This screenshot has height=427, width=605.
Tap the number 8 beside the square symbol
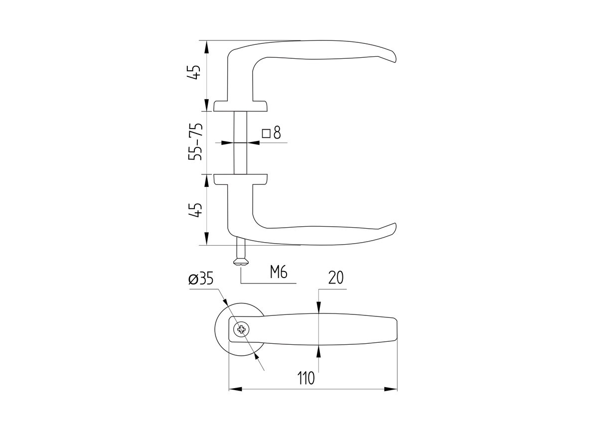point(277,133)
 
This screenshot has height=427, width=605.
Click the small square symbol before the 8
point(266,133)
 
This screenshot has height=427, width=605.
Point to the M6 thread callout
point(279,272)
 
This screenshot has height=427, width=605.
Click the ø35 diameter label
point(201,279)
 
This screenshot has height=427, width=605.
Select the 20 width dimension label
point(336,278)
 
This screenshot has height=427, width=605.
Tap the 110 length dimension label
point(306,379)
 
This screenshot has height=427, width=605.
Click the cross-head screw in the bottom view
point(242,329)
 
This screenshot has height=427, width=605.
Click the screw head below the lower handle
point(240,262)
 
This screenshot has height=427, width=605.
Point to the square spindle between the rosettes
point(240,142)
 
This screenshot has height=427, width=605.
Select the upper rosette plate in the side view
point(240,106)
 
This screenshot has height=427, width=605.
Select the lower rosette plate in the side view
point(240,179)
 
